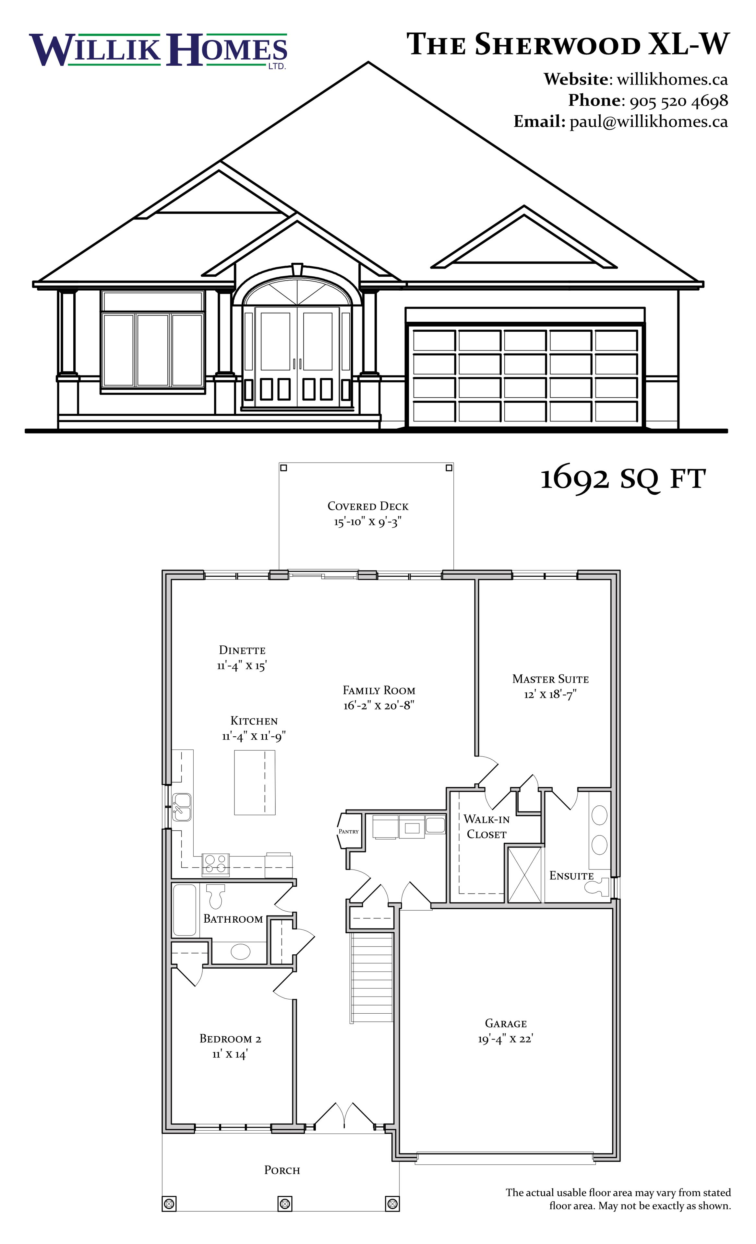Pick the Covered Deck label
tap(368, 506)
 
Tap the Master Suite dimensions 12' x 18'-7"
tap(550, 694)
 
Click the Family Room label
tap(379, 690)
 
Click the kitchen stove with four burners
tap(216, 865)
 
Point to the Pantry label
tap(349, 831)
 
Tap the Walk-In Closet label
tap(487, 826)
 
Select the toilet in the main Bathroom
tap(216, 895)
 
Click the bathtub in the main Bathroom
tap(185, 910)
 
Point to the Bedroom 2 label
tap(231, 1039)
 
